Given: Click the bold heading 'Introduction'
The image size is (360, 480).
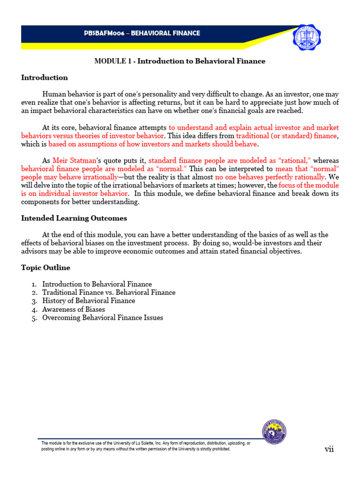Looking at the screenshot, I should pyautogui.click(x=45, y=78).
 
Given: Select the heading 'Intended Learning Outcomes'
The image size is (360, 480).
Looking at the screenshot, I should pyautogui.click(x=74, y=218).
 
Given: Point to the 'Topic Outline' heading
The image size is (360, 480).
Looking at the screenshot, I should pyautogui.click(x=45, y=268).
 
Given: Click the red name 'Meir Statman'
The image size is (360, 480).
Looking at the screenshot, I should pyautogui.click(x=72, y=161).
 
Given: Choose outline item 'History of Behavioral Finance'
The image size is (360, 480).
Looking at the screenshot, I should pyautogui.click(x=89, y=301).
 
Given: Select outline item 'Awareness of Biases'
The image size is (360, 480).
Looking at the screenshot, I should pyautogui.click(x=74, y=309).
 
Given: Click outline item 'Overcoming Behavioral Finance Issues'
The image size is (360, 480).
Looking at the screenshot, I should pyautogui.click(x=103, y=318).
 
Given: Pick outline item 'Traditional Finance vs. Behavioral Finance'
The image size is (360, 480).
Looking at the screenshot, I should pyautogui.click(x=109, y=292).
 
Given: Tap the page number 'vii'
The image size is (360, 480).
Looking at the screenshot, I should pyautogui.click(x=329, y=450).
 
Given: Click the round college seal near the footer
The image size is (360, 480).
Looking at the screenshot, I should pyautogui.click(x=274, y=432).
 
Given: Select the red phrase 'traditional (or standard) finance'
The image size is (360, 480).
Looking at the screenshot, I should pyautogui.click(x=286, y=136).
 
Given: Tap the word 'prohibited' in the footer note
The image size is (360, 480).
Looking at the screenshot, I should pyautogui.click(x=219, y=449).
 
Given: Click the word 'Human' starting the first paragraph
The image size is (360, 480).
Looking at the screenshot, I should pyautogui.click(x=53, y=94).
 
